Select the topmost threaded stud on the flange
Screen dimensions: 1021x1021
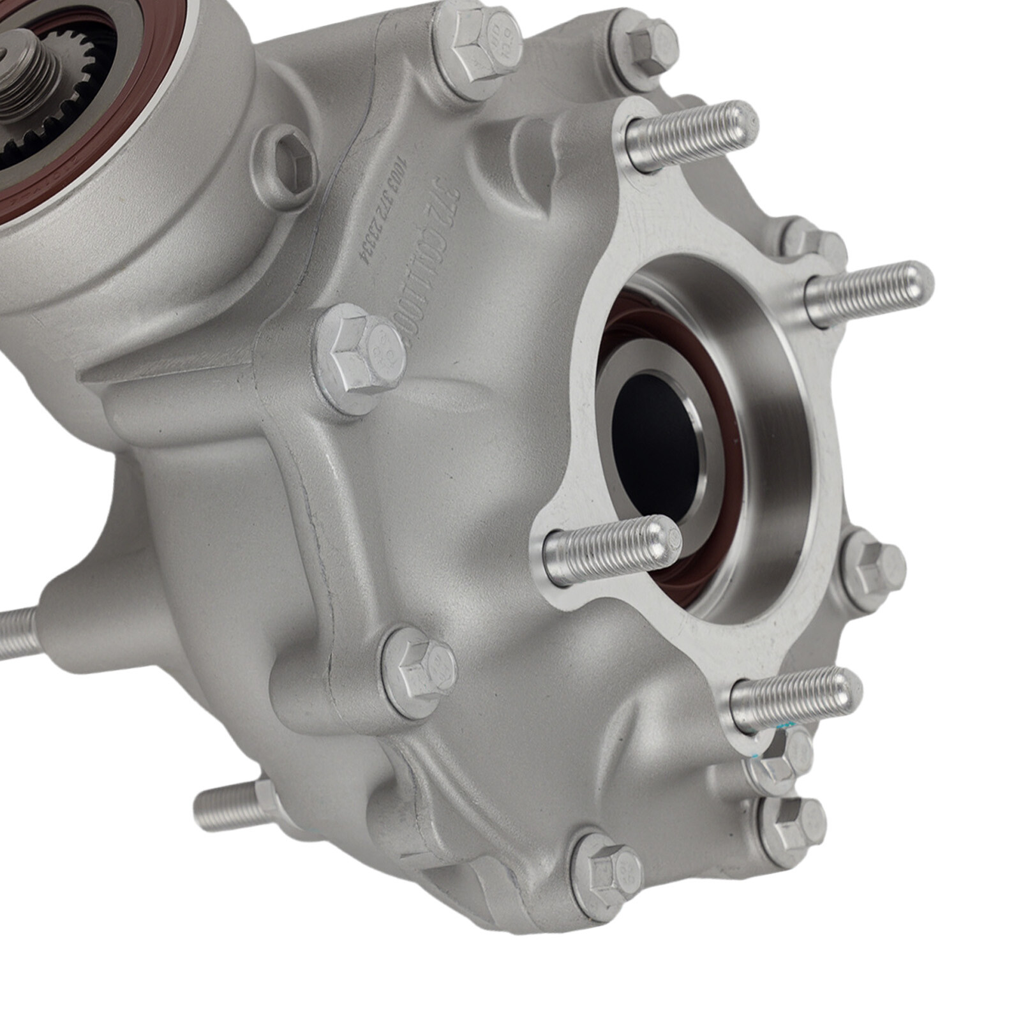click(x=692, y=131)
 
